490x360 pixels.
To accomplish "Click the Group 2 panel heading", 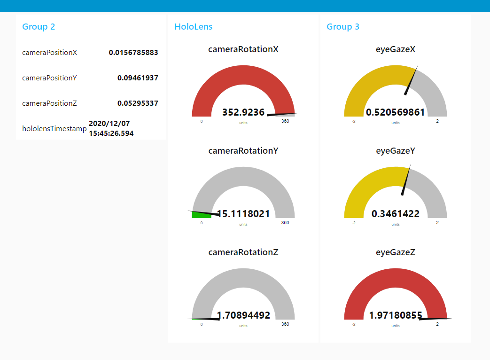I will tap(39, 27).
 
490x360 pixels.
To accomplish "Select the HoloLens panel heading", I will tap(193, 27).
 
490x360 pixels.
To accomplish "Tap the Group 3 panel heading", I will tap(343, 27).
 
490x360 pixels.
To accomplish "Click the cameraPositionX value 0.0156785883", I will tap(133, 53).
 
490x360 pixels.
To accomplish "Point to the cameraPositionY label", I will tap(49, 78).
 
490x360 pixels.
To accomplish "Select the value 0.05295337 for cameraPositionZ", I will tap(138, 103).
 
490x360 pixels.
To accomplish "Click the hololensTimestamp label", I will tap(54, 128).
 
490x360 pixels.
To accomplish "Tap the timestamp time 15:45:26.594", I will tap(111, 133).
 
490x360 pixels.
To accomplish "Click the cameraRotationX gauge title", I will tap(243, 49).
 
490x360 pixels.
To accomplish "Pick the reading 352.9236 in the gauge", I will tap(243, 112).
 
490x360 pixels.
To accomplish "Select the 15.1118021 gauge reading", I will tap(244, 214).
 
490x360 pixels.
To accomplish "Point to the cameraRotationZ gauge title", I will tap(243, 252).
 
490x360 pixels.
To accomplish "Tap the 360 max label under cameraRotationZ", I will tap(285, 324).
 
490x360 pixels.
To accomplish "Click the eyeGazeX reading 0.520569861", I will tap(396, 112).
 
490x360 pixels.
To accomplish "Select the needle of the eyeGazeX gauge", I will tap(411, 80).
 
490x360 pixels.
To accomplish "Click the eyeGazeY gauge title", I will tap(396, 151).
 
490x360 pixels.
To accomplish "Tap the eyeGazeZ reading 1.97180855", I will tap(396, 315).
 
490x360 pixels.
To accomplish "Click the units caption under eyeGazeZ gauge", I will tap(396, 326).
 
